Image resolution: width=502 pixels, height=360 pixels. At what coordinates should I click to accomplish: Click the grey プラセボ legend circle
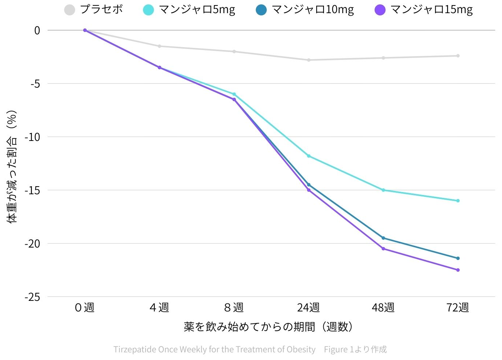(69, 10)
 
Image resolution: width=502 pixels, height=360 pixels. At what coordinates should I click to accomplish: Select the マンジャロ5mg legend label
(197, 9)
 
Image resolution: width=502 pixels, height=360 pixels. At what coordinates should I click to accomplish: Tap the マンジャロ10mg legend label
(313, 9)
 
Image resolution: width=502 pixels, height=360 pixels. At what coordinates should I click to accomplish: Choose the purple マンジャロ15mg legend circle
(380, 10)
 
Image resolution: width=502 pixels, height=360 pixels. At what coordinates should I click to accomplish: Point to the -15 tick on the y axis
(32, 190)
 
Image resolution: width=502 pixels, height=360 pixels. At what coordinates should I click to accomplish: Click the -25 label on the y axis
(32, 297)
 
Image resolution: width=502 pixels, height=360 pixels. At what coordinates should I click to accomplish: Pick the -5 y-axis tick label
(35, 84)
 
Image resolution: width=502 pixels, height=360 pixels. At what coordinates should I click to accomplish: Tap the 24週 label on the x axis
(308, 307)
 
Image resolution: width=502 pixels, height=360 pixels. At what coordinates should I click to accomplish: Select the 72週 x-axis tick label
(457, 307)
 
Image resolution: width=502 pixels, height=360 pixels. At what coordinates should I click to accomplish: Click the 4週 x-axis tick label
(159, 307)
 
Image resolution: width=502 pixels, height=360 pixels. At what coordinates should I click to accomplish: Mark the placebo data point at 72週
(458, 56)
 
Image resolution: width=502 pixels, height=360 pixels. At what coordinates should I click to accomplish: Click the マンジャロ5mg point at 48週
(383, 190)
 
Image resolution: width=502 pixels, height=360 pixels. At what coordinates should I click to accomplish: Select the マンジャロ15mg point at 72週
(458, 270)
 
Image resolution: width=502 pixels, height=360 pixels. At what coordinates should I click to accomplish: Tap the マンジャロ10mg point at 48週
(383, 238)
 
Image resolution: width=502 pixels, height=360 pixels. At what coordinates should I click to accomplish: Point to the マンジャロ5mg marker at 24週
(309, 156)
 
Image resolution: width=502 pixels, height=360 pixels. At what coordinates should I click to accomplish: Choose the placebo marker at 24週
(309, 60)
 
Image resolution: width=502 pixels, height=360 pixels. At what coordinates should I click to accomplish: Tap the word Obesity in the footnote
(301, 349)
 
